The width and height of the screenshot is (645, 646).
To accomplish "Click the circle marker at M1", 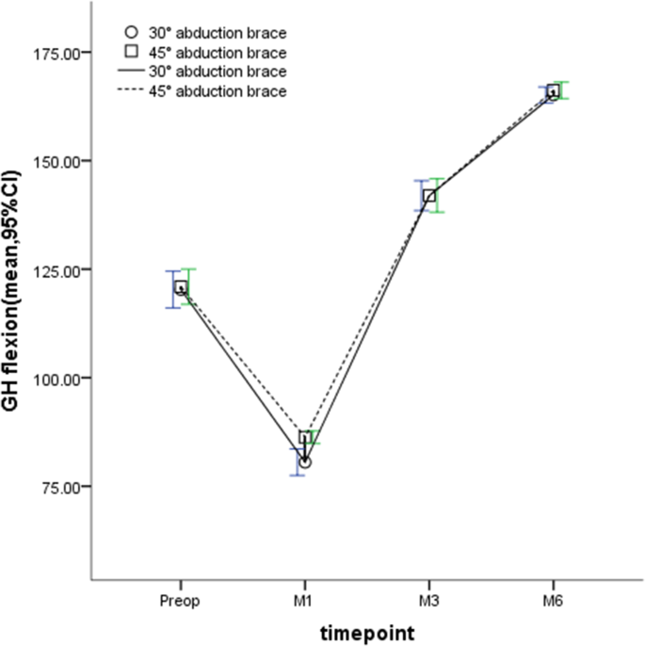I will [304, 462].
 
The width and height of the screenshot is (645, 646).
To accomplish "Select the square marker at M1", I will [305, 438].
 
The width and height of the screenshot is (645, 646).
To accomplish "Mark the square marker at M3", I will [429, 196].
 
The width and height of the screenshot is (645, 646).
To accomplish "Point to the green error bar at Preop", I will [188, 286].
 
